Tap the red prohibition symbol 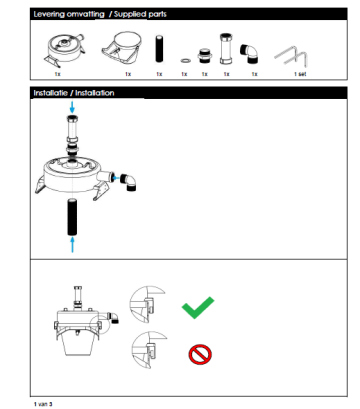click(x=200, y=354)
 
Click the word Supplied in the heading click(x=130, y=14)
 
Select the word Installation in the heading click(x=95, y=93)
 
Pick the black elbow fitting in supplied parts click(x=249, y=53)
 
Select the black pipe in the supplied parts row click(x=159, y=49)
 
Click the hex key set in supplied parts click(x=291, y=56)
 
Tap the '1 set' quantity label click(x=300, y=74)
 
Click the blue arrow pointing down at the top click(x=72, y=107)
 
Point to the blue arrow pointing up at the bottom click(x=72, y=245)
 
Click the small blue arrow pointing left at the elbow click(x=116, y=178)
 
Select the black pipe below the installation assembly click(x=72, y=217)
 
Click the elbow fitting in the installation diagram click(x=129, y=182)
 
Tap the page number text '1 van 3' click(x=43, y=404)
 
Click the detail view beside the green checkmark click(x=146, y=304)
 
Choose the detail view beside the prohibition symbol click(x=148, y=349)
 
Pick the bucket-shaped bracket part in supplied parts click(x=121, y=48)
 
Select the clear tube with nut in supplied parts click(x=226, y=49)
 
